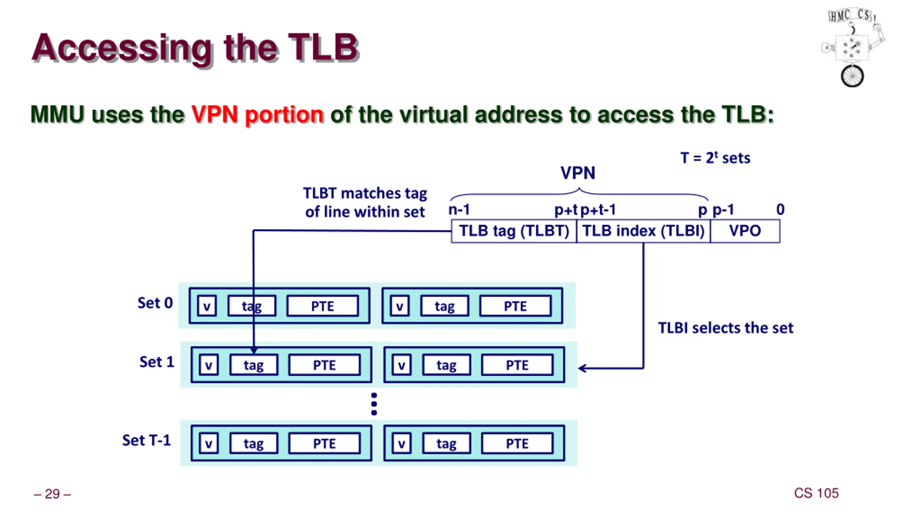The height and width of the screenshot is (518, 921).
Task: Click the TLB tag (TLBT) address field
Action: pyautogui.click(x=514, y=231)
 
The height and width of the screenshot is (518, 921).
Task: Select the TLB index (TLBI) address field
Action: pyautogui.click(x=643, y=231)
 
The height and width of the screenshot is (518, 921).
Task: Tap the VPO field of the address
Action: pyautogui.click(x=745, y=231)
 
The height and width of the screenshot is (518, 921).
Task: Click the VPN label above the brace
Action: pyautogui.click(x=578, y=173)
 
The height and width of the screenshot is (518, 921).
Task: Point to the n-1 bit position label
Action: pyautogui.click(x=459, y=209)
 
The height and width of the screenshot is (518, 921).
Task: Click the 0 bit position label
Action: pyautogui.click(x=780, y=209)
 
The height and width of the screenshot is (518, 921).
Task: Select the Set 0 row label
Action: pyautogui.click(x=155, y=303)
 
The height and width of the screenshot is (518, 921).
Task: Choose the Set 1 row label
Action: pyautogui.click(x=157, y=362)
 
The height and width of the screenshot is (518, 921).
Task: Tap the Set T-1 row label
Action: pyautogui.click(x=146, y=440)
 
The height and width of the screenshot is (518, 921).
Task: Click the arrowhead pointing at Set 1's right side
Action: pyautogui.click(x=582, y=368)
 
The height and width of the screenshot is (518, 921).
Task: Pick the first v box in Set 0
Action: pyautogui.click(x=207, y=306)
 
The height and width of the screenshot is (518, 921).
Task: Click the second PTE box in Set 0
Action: pyautogui.click(x=515, y=306)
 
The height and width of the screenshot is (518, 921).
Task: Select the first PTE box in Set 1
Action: pyautogui.click(x=324, y=365)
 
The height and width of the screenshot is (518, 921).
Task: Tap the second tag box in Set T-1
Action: pyautogui.click(x=446, y=444)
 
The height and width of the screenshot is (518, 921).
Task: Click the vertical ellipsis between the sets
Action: pyautogui.click(x=374, y=404)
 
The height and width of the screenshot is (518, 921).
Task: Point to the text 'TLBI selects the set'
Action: pyautogui.click(x=726, y=328)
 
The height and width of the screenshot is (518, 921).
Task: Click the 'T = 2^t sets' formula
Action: pyautogui.click(x=715, y=158)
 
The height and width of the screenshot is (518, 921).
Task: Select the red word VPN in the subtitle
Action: pyautogui.click(x=214, y=114)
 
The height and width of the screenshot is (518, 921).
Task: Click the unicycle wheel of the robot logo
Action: pyautogui.click(x=852, y=76)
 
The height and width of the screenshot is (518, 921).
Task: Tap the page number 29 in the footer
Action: pyautogui.click(x=52, y=494)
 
